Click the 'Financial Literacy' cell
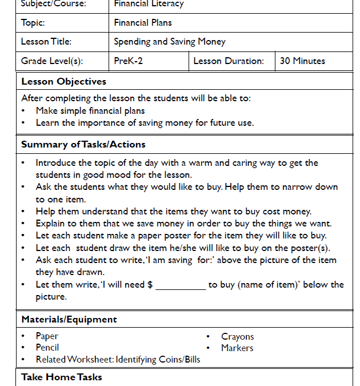(x=149, y=4)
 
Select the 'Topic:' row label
(x=33, y=23)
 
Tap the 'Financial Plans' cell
(x=143, y=23)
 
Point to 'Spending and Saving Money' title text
(x=170, y=42)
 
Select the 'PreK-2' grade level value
(x=129, y=61)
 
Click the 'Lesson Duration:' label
(x=229, y=61)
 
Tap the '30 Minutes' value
(x=302, y=61)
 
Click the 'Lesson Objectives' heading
(x=63, y=81)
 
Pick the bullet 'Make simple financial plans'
(x=90, y=110)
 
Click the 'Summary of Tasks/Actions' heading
(x=83, y=144)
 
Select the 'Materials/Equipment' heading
(x=69, y=319)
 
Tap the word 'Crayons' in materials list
(x=238, y=337)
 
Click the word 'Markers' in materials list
(x=237, y=348)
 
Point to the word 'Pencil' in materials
(x=47, y=347)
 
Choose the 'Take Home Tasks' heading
(x=62, y=377)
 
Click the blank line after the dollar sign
(x=180, y=285)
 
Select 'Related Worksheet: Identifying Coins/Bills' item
(x=118, y=359)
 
